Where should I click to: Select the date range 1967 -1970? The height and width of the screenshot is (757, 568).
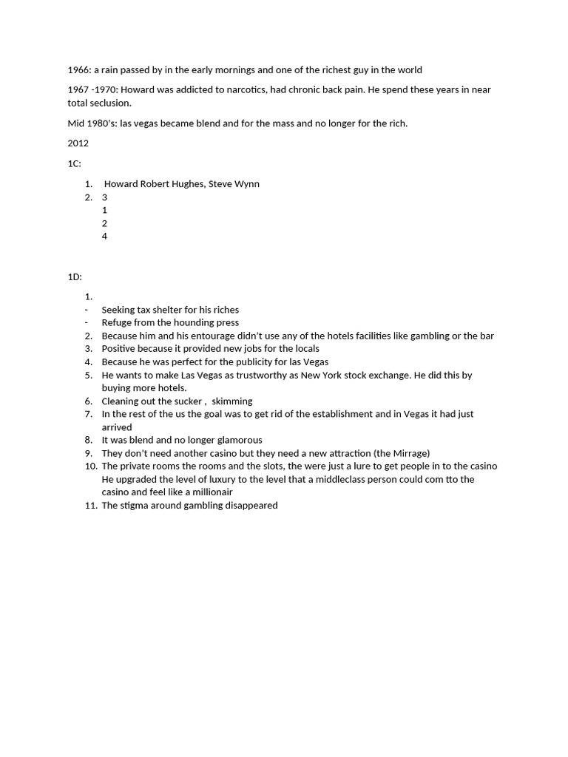pyautogui.click(x=92, y=90)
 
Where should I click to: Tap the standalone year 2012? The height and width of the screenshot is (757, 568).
pyautogui.click(x=78, y=143)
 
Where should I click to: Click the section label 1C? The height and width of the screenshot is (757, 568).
pyautogui.click(x=75, y=163)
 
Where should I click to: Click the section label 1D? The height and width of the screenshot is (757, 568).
pyautogui.click(x=75, y=276)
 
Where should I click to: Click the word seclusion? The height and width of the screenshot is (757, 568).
pyautogui.click(x=111, y=103)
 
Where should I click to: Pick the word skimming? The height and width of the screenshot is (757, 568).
pyautogui.click(x=232, y=401)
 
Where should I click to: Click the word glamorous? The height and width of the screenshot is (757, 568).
pyautogui.click(x=236, y=440)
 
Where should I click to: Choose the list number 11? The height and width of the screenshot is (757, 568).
pyautogui.click(x=91, y=506)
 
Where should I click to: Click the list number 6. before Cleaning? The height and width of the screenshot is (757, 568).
pyautogui.click(x=88, y=401)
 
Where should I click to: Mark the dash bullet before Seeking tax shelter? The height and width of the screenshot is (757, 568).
pyautogui.click(x=87, y=310)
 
